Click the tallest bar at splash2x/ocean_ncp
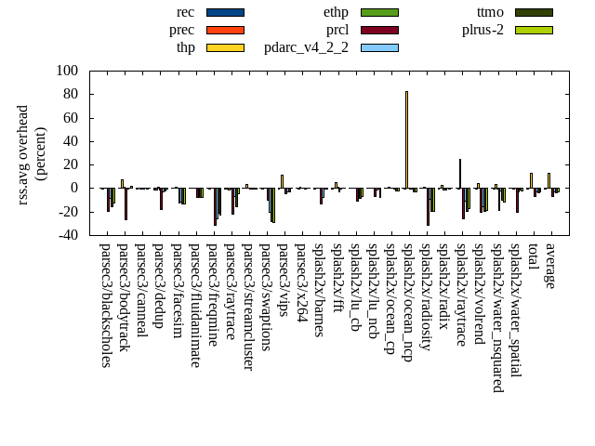pos(406,139)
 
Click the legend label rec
pos(185,12)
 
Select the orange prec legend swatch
pos(224,30)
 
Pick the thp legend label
pos(186,47)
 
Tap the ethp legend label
pos(336,12)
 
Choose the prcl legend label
pos(337,30)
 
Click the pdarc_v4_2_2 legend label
pos(306,47)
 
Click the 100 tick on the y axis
pos(67,71)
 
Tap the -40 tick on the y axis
pos(67,235)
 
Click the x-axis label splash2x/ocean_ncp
pos(406,302)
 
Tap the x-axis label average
pos(549,266)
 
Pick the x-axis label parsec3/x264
pos(301,282)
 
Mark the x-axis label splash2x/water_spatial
pos(514,310)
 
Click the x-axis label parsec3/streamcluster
pos(248,307)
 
